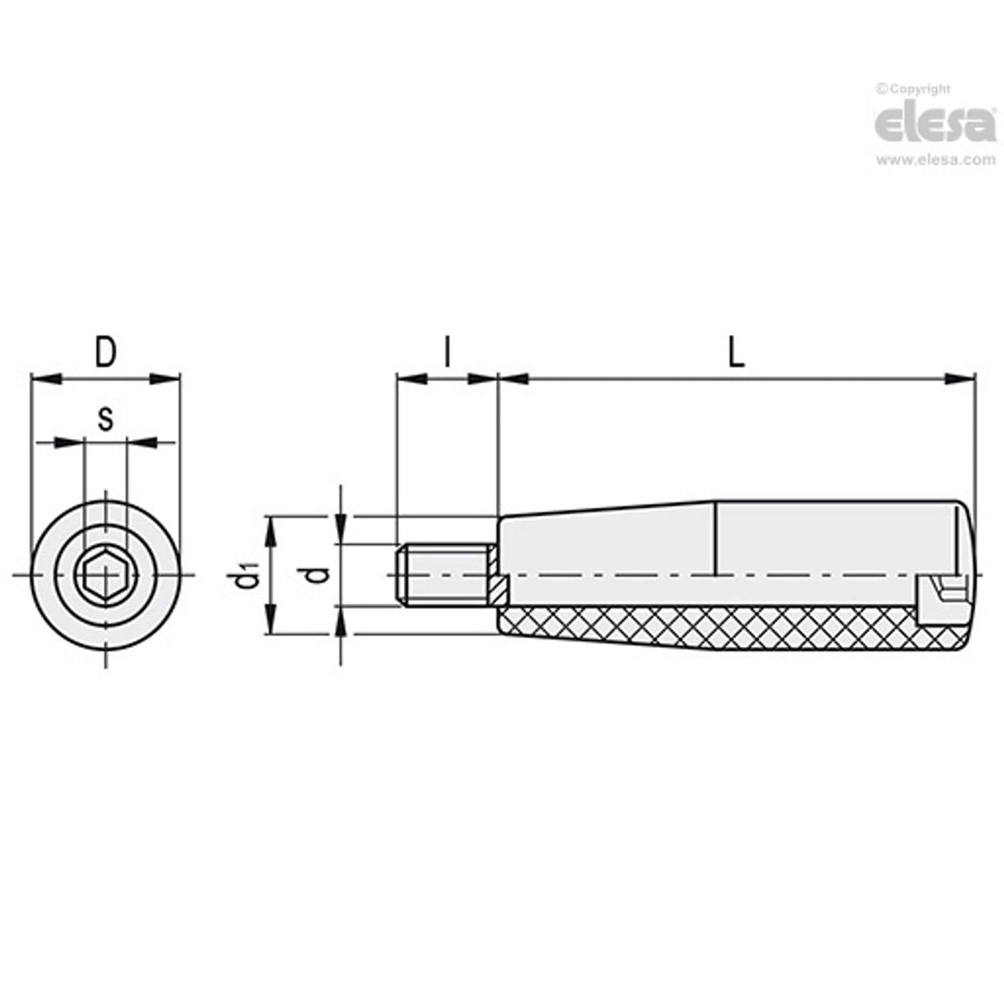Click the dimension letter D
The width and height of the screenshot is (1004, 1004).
[104, 353]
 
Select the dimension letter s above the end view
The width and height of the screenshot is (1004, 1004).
[105, 419]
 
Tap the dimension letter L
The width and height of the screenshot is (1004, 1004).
[736, 353]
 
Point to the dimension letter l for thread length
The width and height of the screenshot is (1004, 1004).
[447, 353]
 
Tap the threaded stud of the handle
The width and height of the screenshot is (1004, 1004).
[442, 574]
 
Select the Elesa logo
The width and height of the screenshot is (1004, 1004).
[935, 125]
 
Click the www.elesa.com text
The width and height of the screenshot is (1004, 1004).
[935, 161]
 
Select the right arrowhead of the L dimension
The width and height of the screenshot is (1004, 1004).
[959, 380]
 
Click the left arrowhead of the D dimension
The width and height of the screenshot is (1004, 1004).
[43, 380]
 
